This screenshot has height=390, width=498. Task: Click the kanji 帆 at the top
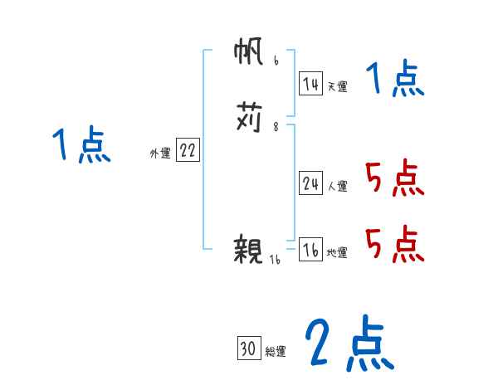250,56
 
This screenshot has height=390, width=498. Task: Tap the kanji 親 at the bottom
250,250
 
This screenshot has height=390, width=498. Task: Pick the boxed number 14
310,84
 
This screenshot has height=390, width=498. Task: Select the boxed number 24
310,184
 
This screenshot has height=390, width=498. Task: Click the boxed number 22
188,150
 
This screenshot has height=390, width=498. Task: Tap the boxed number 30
248,349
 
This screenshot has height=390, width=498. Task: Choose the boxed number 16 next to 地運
310,251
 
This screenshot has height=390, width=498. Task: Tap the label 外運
160,153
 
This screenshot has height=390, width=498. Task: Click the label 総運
276,352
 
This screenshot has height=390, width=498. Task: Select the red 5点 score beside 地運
395,244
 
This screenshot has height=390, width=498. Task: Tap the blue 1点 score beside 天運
395,80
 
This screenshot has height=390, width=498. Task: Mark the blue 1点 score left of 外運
81,146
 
